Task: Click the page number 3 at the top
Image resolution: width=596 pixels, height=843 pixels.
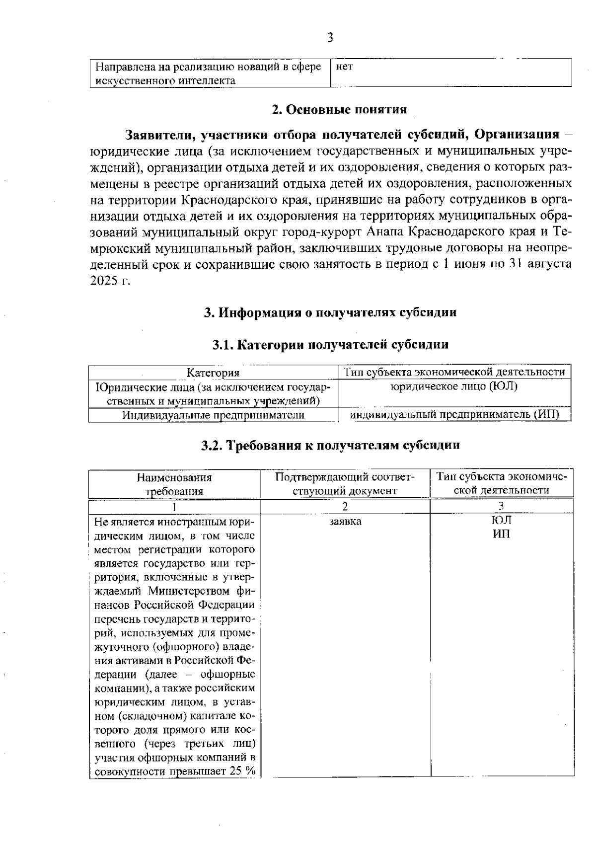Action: [x=330, y=38]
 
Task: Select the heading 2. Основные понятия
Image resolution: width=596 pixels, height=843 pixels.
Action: [x=339, y=110]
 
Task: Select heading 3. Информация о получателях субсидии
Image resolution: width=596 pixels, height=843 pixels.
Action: [x=331, y=313]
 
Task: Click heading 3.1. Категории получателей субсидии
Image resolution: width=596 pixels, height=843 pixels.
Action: [x=331, y=345]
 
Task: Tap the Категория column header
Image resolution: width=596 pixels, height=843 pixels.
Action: [x=213, y=373]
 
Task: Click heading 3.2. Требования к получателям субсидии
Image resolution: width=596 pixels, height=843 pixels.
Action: [x=331, y=445]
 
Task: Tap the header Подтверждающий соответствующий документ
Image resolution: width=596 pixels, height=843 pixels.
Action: [x=345, y=484]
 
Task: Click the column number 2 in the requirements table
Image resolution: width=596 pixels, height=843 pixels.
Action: [x=345, y=506]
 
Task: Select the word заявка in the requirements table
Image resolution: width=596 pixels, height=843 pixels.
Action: [x=345, y=522]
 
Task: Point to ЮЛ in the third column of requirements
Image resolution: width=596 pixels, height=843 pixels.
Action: [x=501, y=521]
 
